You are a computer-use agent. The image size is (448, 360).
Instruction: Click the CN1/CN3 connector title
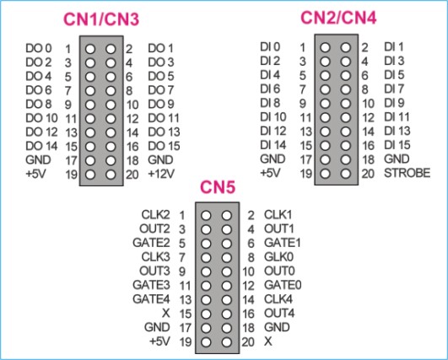pos(101,19)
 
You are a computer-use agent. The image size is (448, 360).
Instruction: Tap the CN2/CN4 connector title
pos(338,18)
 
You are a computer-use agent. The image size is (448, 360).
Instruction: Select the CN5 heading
pos(218,187)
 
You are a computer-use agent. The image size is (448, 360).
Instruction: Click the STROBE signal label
pos(408,173)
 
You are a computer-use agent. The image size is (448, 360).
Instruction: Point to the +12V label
pos(161,174)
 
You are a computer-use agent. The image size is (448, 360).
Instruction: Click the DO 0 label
pos(39,48)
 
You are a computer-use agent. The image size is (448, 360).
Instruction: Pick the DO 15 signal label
pos(164,146)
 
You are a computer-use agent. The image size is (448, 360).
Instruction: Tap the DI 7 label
pos(394,89)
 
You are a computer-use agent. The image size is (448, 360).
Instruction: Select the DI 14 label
pos(273,145)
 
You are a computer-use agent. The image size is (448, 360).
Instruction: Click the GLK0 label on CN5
pos(279,257)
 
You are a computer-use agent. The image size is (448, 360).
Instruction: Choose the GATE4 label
pos(151,299)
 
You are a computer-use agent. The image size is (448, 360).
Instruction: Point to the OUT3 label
pos(154,271)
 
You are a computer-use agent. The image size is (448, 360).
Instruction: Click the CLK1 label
pos(278,215)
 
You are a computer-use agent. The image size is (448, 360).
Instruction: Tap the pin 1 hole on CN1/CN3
pos(90,49)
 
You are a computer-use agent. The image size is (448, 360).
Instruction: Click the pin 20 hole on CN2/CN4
pos(346,174)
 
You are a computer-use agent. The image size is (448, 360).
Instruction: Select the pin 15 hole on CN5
pos(206,314)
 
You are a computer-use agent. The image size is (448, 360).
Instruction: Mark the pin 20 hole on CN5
pos(227,342)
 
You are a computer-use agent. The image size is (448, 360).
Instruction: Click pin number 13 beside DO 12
pos(71,132)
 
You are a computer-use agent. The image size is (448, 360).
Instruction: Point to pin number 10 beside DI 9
pos(368,104)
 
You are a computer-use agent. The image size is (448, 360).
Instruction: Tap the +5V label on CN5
pos(159,341)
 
